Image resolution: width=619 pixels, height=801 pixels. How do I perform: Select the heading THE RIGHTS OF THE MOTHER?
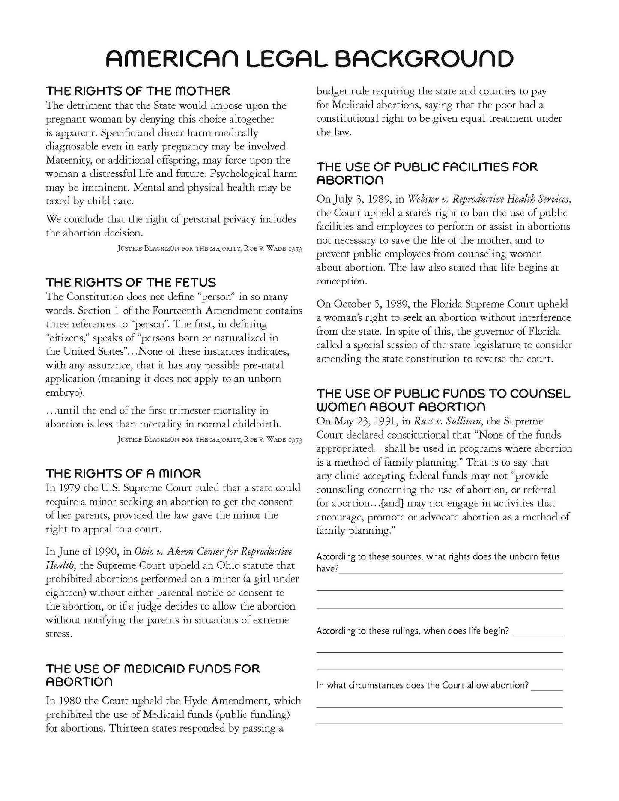point(138,91)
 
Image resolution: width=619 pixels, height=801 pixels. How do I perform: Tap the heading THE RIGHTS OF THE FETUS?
point(131,282)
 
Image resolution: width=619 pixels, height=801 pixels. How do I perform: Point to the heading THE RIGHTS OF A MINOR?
point(123,473)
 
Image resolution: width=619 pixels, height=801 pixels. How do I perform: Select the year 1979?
point(66,488)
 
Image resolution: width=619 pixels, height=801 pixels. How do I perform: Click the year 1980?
point(67,701)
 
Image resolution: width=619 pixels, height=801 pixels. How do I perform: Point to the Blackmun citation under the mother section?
point(209,249)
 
